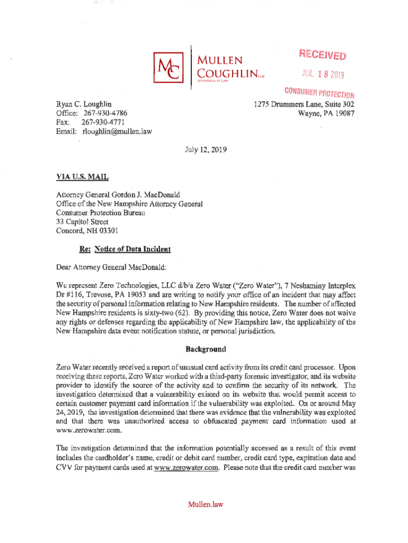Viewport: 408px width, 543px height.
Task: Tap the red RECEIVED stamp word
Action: tap(323, 55)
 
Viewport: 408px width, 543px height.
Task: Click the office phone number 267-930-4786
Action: tap(103, 114)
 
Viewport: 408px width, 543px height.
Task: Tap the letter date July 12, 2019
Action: tap(204, 150)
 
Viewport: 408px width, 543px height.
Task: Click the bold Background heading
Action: tap(206, 349)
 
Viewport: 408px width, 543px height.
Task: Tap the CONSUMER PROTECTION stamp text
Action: tap(318, 93)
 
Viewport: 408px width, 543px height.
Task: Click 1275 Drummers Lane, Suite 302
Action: tap(304, 104)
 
